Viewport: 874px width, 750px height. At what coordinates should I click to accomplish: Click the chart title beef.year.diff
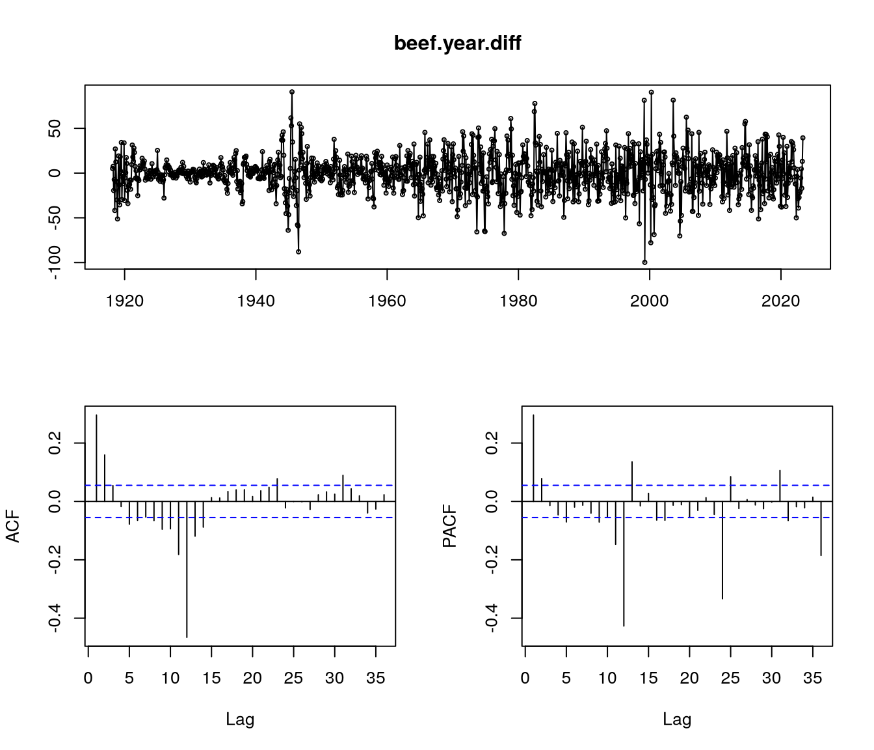pyautogui.click(x=457, y=44)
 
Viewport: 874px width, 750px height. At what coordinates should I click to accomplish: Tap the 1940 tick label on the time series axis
pyautogui.click(x=256, y=301)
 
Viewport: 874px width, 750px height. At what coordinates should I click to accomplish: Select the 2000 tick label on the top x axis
pyautogui.click(x=649, y=301)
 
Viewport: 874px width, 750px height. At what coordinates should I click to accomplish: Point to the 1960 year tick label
pyautogui.click(x=387, y=301)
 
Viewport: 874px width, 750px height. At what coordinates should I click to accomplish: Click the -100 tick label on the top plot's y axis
pyautogui.click(x=58, y=263)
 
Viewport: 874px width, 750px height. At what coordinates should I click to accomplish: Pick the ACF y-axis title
pyautogui.click(x=13, y=526)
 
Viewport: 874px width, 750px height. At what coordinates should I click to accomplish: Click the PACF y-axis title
pyautogui.click(x=450, y=526)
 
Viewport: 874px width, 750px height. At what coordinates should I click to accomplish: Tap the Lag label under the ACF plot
pyautogui.click(x=240, y=719)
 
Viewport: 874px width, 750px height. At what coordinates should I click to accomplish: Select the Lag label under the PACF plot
pyautogui.click(x=677, y=719)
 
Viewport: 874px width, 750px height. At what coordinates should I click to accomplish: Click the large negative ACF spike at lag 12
pyautogui.click(x=187, y=570)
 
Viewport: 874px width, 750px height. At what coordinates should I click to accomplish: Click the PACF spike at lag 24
pyautogui.click(x=722, y=550)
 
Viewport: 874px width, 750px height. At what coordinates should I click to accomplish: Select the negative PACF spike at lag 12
pyautogui.click(x=624, y=564)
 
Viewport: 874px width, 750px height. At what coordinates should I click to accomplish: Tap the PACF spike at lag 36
pyautogui.click(x=821, y=528)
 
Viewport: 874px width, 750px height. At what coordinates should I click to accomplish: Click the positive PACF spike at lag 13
pyautogui.click(x=632, y=481)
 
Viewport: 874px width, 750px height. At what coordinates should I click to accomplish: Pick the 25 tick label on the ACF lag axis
pyautogui.click(x=293, y=678)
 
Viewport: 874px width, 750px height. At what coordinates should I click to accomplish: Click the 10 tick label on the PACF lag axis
pyautogui.click(x=607, y=678)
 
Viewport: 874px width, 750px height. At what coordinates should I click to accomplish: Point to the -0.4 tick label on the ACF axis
pyautogui.click(x=58, y=618)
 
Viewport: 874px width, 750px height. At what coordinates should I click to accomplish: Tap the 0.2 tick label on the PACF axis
pyautogui.click(x=495, y=443)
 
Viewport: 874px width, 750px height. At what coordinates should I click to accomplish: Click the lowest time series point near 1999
pyautogui.click(x=644, y=262)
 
